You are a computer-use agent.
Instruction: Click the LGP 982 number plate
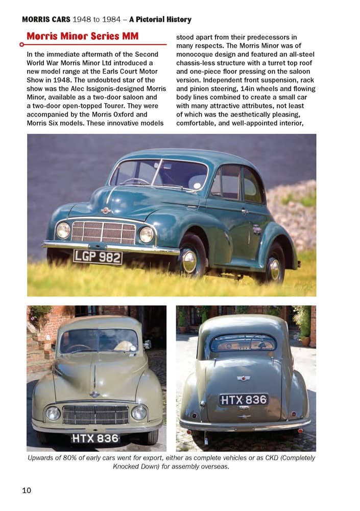[x=98, y=257]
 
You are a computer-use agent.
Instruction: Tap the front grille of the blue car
[x=103, y=233]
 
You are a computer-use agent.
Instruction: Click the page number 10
[x=27, y=491]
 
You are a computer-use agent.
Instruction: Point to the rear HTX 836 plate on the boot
[x=244, y=400]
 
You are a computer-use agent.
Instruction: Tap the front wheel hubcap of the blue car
[x=189, y=261]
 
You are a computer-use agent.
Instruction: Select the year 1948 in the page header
[x=85, y=20]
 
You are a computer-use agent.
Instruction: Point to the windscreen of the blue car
[x=158, y=176]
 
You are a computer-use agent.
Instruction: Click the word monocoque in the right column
[x=198, y=54]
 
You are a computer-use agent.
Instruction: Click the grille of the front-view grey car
[x=95, y=414]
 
